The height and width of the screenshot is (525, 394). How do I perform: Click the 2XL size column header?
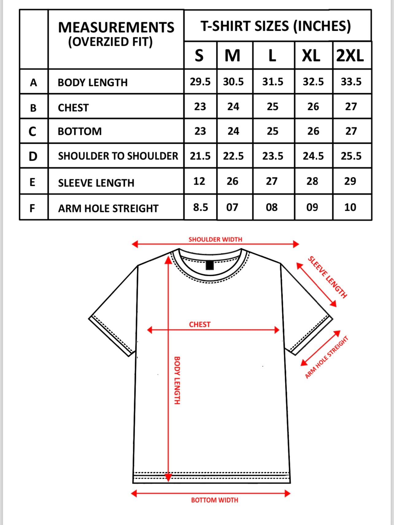tap(350, 56)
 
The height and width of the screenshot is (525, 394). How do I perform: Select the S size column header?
tap(199, 56)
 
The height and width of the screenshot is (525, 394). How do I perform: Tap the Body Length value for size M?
tap(233, 82)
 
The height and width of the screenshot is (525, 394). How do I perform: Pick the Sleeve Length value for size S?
tap(199, 181)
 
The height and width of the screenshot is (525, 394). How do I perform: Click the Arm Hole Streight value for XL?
tap(312, 207)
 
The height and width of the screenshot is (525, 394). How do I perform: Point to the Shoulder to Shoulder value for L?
tap(272, 156)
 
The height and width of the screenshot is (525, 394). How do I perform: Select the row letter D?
tap(33, 156)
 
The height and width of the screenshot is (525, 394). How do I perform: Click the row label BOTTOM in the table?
tap(80, 131)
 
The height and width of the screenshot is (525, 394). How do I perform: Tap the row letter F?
tap(32, 208)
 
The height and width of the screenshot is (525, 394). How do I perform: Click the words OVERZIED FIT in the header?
tap(110, 42)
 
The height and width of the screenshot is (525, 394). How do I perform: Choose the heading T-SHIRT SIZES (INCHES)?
tap(276, 26)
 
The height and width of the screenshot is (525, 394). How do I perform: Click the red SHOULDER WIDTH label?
tap(215, 239)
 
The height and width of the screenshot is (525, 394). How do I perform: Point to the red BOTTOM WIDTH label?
tap(214, 500)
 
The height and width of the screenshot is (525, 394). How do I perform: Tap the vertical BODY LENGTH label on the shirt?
tap(177, 380)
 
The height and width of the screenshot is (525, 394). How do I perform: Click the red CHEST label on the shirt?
tap(200, 324)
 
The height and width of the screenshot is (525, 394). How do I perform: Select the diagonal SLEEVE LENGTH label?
tap(327, 277)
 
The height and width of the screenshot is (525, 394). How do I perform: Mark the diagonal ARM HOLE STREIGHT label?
tap(326, 357)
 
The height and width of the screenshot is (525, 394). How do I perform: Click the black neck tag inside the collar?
tap(210, 265)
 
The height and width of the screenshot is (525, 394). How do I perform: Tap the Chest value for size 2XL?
tap(351, 107)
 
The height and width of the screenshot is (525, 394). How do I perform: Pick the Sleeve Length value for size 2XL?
tap(350, 181)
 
